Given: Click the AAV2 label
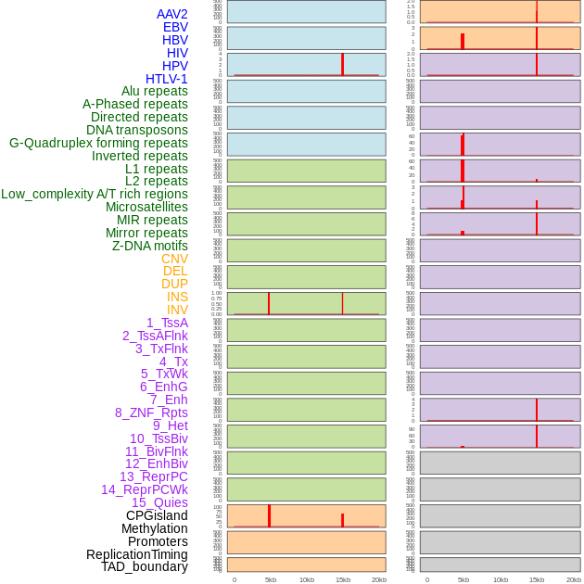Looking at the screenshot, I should [x=172, y=14].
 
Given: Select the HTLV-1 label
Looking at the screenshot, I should [x=167, y=79].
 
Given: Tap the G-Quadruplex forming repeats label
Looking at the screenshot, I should [x=98, y=143].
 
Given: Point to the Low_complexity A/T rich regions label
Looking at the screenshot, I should [x=95, y=194].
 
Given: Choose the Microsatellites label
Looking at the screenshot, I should [x=146, y=207].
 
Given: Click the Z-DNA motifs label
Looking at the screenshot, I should [x=150, y=246].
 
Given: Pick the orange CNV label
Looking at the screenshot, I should [x=174, y=259].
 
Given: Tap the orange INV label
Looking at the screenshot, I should [x=177, y=310].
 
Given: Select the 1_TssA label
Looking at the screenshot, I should [x=167, y=323].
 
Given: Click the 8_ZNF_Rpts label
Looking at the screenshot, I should [x=151, y=413].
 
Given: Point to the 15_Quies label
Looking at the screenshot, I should [x=159, y=502].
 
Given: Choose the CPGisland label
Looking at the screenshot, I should [x=157, y=515].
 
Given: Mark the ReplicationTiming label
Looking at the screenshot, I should [x=137, y=554].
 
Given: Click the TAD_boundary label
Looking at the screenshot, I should [x=145, y=566].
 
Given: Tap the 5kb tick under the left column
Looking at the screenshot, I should [x=271, y=579].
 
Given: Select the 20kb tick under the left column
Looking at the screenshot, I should [x=379, y=579].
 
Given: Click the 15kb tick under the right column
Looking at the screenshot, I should [x=537, y=579].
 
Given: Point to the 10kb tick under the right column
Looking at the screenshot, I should [x=501, y=579].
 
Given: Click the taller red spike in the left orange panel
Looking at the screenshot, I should [x=269, y=515].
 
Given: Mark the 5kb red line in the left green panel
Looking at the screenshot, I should [x=269, y=304].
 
